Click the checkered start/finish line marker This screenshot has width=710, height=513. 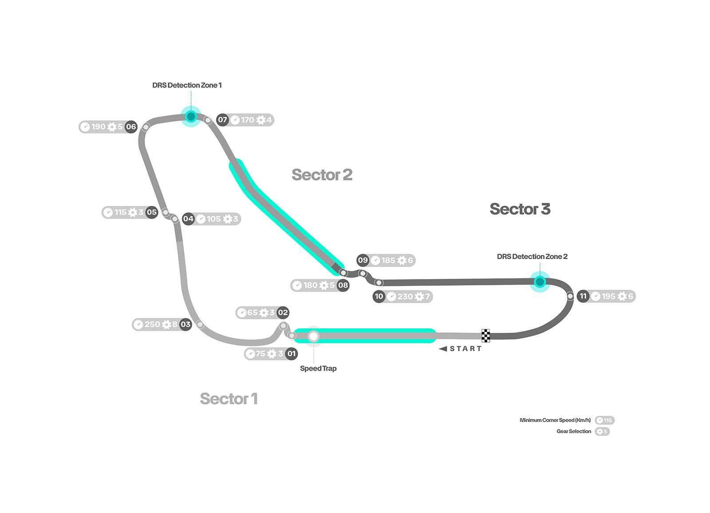[486, 336]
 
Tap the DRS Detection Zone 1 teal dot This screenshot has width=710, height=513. [191, 117]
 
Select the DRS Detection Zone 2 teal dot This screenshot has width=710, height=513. [540, 282]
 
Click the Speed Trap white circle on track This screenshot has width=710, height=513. [314, 336]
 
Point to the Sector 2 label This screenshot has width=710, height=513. [322, 175]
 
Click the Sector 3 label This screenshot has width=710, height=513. [520, 209]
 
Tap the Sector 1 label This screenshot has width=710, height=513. [229, 399]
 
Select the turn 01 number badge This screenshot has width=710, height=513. [292, 354]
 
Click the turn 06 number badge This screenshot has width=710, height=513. [131, 127]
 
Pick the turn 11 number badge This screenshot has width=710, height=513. [583, 296]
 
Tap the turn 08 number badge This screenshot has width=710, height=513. [343, 285]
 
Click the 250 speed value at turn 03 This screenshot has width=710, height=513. [152, 324]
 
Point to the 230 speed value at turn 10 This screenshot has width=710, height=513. [405, 296]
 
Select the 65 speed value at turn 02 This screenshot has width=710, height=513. [252, 312]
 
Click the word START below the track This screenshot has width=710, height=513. [465, 349]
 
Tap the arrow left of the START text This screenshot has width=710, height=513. [442, 349]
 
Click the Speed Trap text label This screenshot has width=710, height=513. [318, 368]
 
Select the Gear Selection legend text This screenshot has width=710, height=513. [574, 431]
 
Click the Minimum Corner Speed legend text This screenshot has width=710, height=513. [555, 420]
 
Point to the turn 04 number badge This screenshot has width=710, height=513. [188, 219]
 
